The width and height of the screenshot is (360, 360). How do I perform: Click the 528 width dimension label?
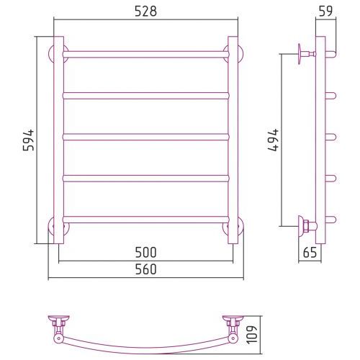(x=145, y=12)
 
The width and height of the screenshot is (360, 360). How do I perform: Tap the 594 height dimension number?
(x=29, y=140)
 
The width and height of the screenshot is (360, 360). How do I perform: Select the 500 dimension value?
(x=145, y=253)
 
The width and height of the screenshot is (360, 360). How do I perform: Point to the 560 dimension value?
(x=145, y=269)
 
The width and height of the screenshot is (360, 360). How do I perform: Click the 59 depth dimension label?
(x=325, y=12)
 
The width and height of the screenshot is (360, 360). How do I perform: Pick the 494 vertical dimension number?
(x=274, y=140)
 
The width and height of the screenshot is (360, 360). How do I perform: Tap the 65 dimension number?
(x=310, y=253)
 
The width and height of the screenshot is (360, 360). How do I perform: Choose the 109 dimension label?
(x=252, y=335)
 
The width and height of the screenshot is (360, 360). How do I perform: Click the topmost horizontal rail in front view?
(x=146, y=54)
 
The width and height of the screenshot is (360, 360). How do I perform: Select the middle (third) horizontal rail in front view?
(x=146, y=137)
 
